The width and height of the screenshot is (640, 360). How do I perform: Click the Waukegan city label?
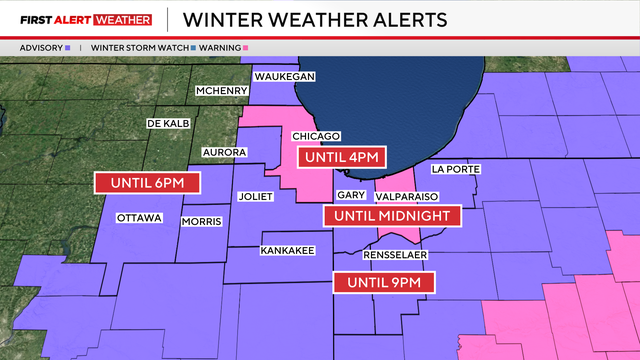tap(285, 77)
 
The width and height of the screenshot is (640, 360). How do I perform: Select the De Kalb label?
tap(168, 123)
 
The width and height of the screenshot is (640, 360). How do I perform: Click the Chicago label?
tap(317, 136)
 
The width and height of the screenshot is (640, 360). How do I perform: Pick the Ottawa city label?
tap(140, 217)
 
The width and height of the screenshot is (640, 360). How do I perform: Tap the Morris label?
tap(201, 221)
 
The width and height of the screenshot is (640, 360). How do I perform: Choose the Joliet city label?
tap(256, 196)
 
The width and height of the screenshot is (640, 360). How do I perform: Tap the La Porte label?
tap(456, 170)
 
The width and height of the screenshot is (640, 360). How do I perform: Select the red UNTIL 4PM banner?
tap(342, 157)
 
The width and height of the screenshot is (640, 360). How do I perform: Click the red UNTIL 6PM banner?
tap(146, 183)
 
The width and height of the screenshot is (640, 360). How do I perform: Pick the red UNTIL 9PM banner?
tap(384, 283)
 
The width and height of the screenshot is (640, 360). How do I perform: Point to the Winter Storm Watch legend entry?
tap(138, 47)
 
